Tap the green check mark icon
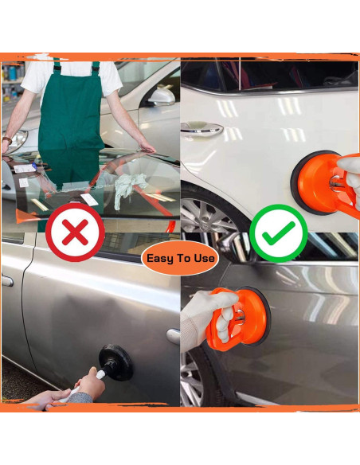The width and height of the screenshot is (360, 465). point(279,232)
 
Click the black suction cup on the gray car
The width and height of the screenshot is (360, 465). point(115,362)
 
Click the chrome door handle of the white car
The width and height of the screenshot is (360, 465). point(202,127)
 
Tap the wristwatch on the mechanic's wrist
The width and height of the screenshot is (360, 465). point(6,141)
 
